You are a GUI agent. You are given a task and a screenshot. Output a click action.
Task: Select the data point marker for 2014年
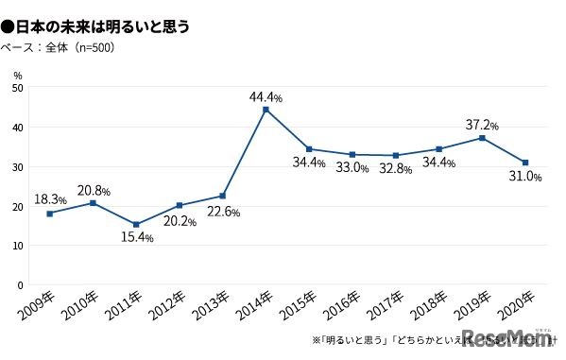(266, 110)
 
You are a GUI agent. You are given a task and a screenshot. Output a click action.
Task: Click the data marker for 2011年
(136, 225)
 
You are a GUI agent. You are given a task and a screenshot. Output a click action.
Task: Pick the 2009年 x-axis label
(37, 304)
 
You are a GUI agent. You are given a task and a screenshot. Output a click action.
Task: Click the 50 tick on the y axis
(18, 88)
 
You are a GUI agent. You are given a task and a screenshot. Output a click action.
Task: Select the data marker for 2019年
(483, 138)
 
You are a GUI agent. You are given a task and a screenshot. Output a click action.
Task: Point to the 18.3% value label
(49, 200)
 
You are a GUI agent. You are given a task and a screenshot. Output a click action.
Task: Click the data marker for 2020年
(525, 163)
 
